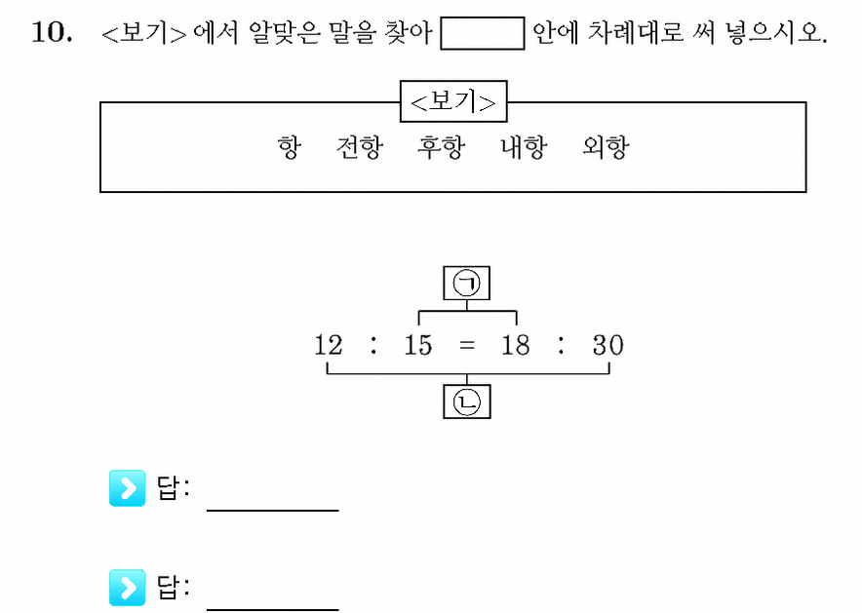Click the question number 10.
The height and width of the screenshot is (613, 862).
click(52, 32)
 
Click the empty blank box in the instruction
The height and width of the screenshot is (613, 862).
click(482, 33)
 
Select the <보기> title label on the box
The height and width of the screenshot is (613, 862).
click(453, 101)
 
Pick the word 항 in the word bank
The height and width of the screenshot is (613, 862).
click(290, 147)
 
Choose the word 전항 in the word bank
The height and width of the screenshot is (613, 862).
click(360, 147)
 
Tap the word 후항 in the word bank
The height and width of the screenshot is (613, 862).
click(442, 147)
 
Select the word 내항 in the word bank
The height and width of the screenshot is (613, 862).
click(524, 147)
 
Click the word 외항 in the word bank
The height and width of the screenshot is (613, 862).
click(606, 147)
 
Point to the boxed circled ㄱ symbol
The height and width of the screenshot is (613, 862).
click(467, 283)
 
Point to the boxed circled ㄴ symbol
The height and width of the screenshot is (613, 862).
click(467, 402)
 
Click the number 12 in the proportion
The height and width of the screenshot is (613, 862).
click(329, 345)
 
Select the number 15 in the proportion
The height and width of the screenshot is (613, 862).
click(417, 345)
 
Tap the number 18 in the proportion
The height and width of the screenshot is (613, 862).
click(516, 345)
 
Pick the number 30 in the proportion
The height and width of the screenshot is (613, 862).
click(608, 345)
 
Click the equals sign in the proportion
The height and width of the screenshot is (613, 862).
click(467, 346)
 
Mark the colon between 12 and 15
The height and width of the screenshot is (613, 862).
click(373, 345)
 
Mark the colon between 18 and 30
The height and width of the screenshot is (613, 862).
click(561, 345)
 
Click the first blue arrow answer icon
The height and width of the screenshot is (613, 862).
click(128, 487)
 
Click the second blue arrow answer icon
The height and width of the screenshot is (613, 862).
click(128, 588)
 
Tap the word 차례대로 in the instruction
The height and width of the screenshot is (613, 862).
click(636, 32)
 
